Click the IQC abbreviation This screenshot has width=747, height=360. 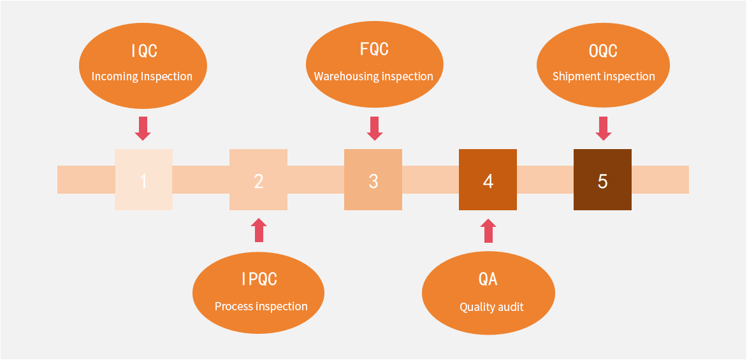coord(144,50)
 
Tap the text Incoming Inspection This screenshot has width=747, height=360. coord(142,76)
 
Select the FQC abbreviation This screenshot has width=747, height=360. coord(374,48)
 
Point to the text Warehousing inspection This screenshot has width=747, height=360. coord(373,76)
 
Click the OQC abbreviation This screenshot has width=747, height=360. coord(603,50)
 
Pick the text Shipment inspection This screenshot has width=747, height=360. coord(604,76)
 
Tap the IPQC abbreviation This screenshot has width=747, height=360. coord(259,278)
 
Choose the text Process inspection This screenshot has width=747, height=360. coord(261,306)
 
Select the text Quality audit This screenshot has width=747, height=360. coord(491,307)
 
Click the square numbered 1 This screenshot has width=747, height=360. coord(143,180)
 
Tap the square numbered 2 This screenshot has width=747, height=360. coord(258,180)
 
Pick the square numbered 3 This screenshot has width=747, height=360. coord(373,180)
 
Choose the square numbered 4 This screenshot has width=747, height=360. coord(488,180)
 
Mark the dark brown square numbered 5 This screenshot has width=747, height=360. coord(603,180)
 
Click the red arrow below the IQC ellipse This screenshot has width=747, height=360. coord(143,129)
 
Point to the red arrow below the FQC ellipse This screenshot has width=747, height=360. coord(375,129)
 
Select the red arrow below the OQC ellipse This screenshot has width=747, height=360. coord(604,129)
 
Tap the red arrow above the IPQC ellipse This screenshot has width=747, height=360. coord(259,230)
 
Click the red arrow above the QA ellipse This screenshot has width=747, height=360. coord(488,231)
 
